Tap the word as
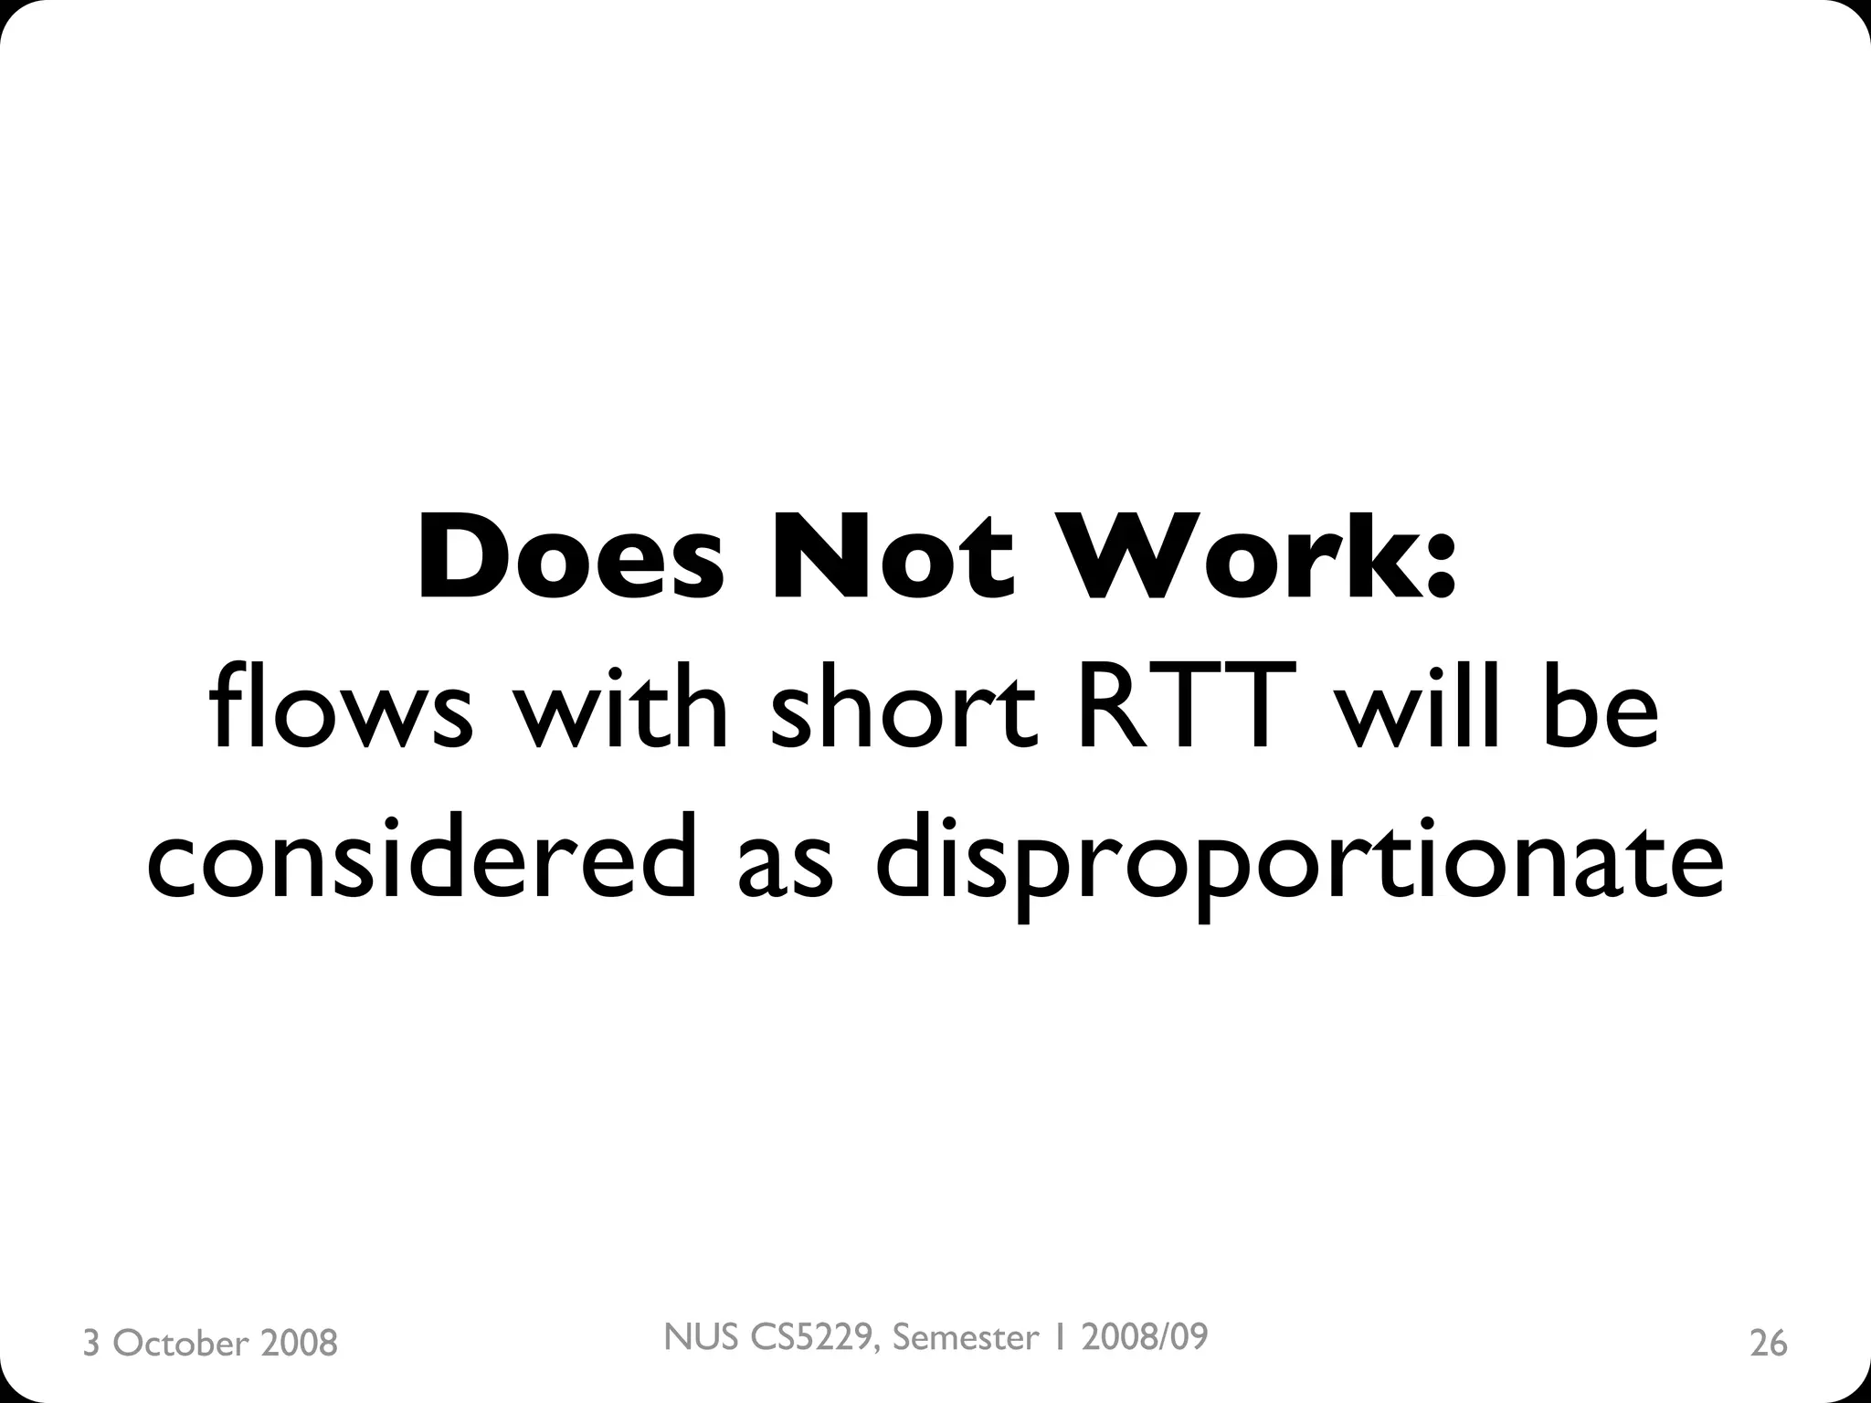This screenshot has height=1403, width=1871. click(x=786, y=868)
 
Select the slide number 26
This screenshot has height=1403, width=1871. click(x=1768, y=1344)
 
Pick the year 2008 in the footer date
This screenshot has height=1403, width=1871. click(x=299, y=1344)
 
